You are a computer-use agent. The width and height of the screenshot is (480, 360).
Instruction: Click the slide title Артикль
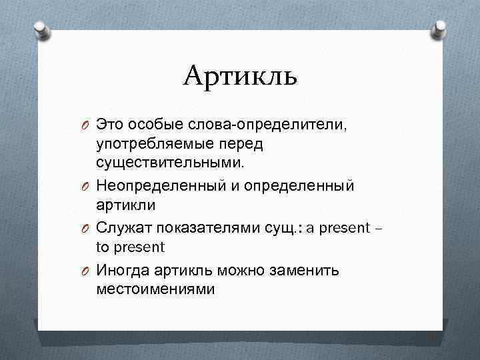pos(240,77)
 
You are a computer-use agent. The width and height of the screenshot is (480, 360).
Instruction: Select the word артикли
pos(124,204)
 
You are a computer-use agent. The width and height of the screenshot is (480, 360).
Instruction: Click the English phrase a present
pos(338,228)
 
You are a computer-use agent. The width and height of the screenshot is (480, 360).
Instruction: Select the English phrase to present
pos(131,247)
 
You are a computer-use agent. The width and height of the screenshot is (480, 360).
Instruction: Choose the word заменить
pos(306,271)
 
